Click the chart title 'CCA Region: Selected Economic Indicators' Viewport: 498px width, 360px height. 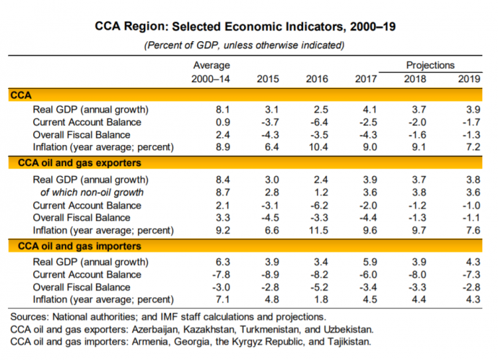(x=245, y=27)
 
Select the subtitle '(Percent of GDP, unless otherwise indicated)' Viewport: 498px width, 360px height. (x=245, y=45)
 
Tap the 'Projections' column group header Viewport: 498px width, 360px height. (x=430, y=65)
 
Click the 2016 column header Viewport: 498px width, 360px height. (x=317, y=78)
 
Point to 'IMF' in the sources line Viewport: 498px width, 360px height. (x=196, y=317)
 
